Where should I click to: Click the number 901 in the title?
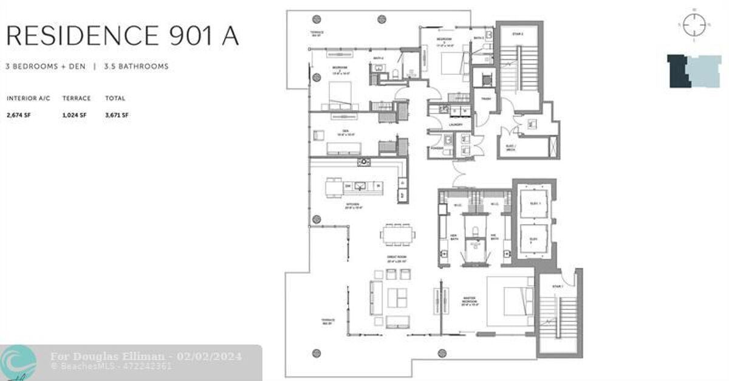(x=187, y=36)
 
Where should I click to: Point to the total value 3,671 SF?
(x=116, y=115)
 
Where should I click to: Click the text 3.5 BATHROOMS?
(x=136, y=66)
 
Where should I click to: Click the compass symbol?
(x=693, y=25)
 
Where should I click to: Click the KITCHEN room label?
(x=353, y=204)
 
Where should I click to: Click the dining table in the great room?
(x=399, y=234)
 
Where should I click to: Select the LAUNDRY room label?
(x=456, y=125)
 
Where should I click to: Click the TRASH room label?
(x=486, y=98)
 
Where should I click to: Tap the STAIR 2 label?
(x=518, y=34)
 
